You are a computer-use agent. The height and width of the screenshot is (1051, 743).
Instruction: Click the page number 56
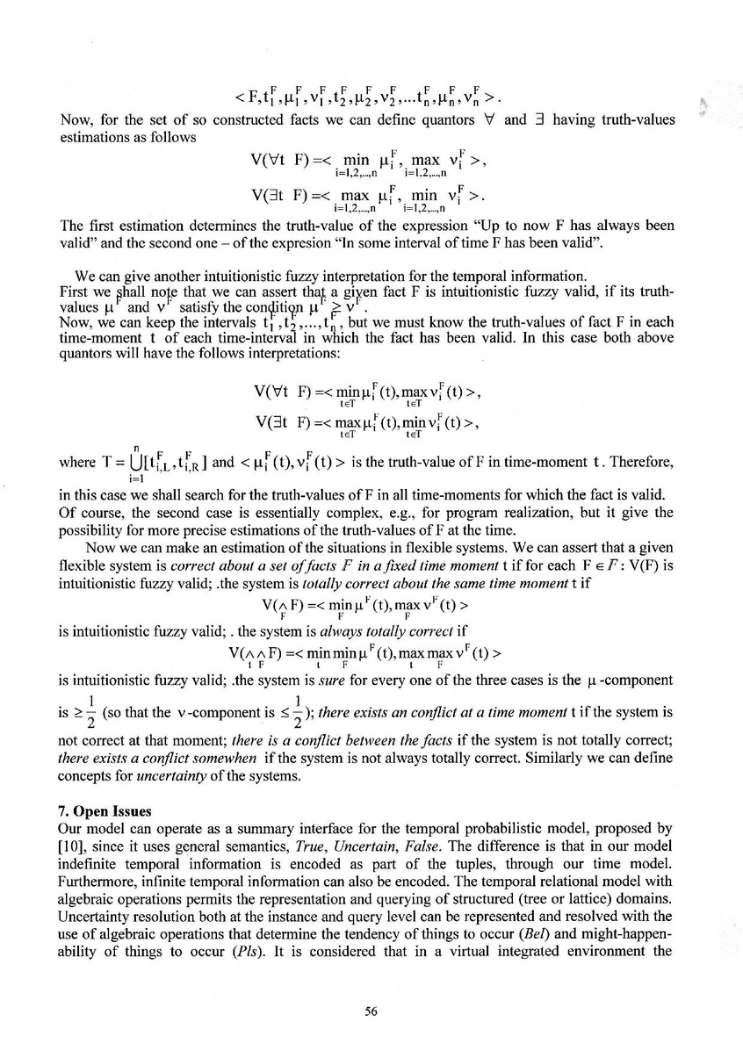371,1011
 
